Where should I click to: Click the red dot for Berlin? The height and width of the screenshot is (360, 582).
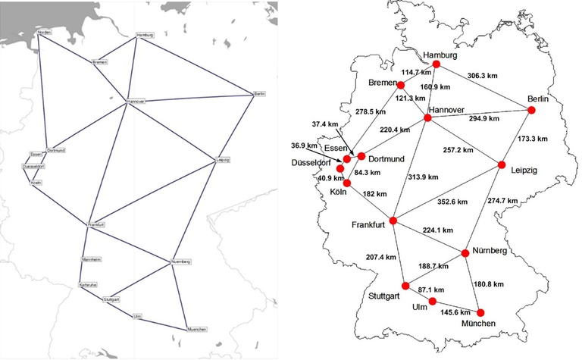click(530, 110)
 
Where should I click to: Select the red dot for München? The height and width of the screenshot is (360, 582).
click(480, 311)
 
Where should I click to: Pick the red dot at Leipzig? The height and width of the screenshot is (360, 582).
click(502, 164)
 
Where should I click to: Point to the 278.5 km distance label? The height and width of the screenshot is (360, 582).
click(371, 112)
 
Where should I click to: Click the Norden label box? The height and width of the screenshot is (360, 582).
click(45, 33)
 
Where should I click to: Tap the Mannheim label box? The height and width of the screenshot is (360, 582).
click(90, 258)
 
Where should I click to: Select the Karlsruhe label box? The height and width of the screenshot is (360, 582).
click(88, 285)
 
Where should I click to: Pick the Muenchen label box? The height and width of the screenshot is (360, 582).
click(196, 329)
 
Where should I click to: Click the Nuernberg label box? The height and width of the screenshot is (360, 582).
click(181, 261)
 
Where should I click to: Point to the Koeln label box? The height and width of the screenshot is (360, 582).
click(36, 183)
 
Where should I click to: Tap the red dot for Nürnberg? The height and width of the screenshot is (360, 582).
click(465, 252)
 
